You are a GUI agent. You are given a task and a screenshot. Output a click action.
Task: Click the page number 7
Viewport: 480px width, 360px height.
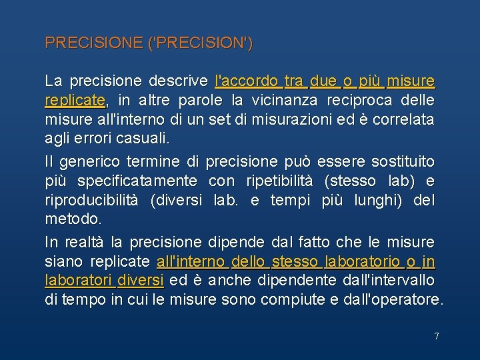(x=437, y=336)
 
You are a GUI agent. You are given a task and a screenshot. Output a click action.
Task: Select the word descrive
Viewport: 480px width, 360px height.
(x=179, y=82)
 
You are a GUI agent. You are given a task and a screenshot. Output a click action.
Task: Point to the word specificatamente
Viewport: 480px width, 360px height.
(x=137, y=181)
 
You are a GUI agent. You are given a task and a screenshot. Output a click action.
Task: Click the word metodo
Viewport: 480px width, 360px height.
(x=73, y=219)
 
